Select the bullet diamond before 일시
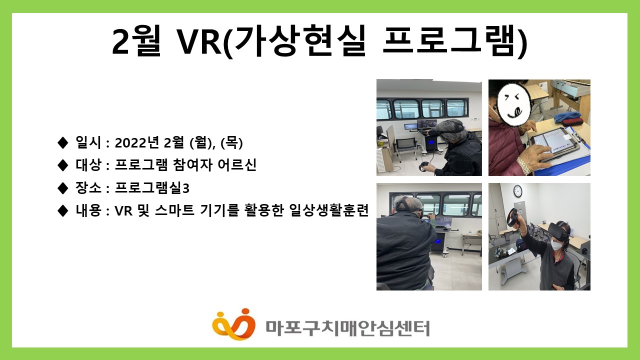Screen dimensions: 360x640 click(x=62, y=143)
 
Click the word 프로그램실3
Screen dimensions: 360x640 click(x=152, y=188)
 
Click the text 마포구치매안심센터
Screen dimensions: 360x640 click(x=347, y=328)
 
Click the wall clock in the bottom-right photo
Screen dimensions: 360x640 click(x=517, y=190)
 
